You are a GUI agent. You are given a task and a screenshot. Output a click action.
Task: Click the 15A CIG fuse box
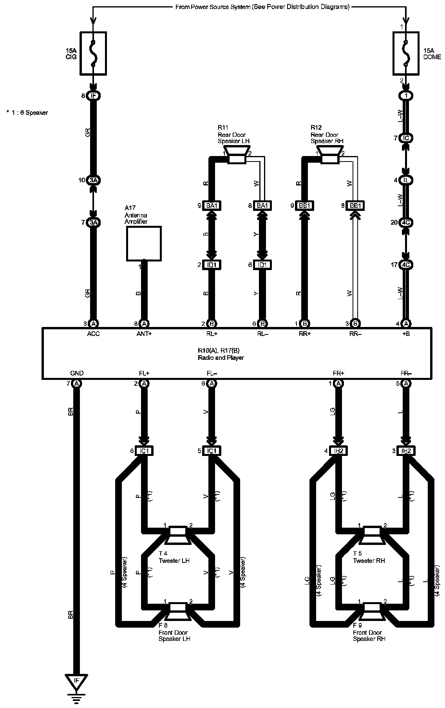(x=93, y=53)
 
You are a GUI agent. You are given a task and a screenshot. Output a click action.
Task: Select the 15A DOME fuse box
(x=406, y=53)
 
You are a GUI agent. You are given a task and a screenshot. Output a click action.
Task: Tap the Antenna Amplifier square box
(x=144, y=243)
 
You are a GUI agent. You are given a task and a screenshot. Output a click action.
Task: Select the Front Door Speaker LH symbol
(x=178, y=612)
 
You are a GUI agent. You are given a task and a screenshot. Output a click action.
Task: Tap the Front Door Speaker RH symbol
(x=372, y=612)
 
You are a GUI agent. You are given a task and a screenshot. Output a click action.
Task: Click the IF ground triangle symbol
(x=76, y=681)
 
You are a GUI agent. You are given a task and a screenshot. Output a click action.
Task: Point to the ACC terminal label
(x=93, y=334)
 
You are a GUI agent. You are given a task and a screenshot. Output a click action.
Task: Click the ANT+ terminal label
(x=144, y=334)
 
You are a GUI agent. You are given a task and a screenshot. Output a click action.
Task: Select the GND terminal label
(x=77, y=373)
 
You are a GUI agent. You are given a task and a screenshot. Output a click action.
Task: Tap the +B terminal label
(x=406, y=334)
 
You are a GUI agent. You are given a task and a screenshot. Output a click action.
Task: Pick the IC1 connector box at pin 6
(x=145, y=451)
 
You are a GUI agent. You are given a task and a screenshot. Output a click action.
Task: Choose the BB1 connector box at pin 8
(x=355, y=205)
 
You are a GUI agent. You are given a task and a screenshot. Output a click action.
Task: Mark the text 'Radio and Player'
(x=221, y=358)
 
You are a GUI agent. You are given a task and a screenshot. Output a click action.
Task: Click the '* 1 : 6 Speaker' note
(x=27, y=113)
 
